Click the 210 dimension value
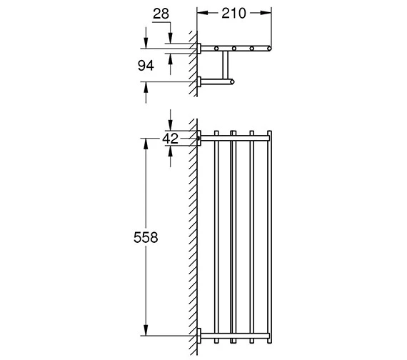pos(233,14)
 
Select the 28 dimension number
pos(161,14)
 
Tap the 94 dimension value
pos(146,66)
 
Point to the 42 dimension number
pos(170,139)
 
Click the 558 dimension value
pos(146,237)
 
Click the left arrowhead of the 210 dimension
pos(203,13)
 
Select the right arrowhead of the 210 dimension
pos(266,13)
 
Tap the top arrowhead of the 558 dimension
pos(146,144)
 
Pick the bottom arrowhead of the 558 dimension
pos(146,330)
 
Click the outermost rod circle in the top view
pos(269,49)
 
